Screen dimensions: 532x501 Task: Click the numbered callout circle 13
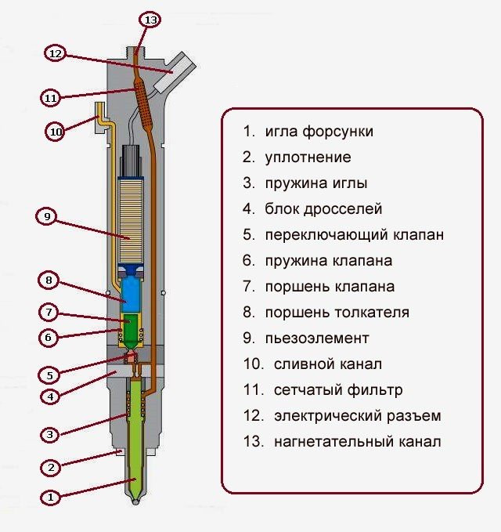[150, 19]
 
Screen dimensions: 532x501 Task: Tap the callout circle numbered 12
[55, 53]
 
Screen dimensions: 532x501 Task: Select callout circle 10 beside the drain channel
[55, 132]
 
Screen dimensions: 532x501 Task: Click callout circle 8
[48, 280]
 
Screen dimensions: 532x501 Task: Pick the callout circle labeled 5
[49, 375]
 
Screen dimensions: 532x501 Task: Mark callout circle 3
[49, 434]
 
